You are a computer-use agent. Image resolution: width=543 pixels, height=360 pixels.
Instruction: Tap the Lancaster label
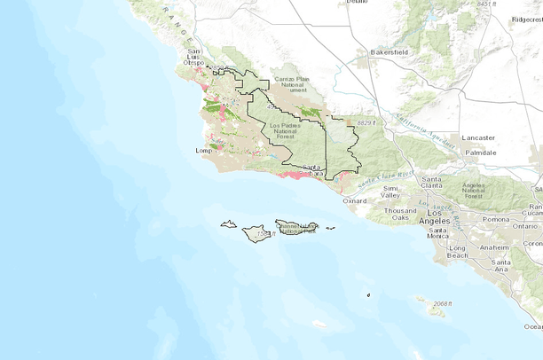[479, 137]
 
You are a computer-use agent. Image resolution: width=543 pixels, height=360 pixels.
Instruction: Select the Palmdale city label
[479, 153]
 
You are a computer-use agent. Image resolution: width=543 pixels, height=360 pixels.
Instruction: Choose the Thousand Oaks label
[400, 214]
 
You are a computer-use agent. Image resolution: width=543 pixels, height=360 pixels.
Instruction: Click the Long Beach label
[459, 251]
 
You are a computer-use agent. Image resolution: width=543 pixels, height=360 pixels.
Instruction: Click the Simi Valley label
[392, 192]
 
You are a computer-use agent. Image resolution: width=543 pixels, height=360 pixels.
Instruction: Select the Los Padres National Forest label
[286, 129]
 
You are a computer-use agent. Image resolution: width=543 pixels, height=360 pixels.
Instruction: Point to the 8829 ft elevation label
[362, 121]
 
